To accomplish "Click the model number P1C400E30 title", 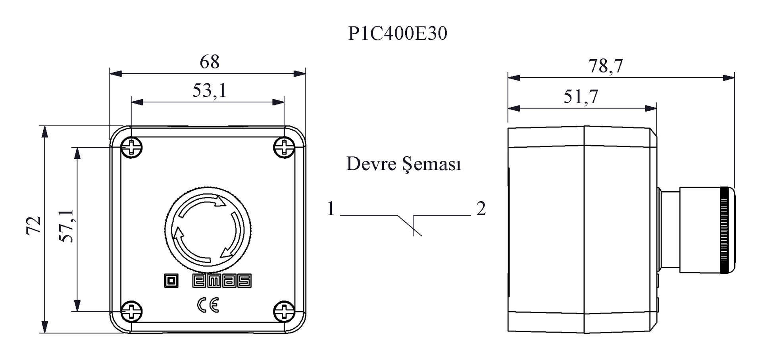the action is [398, 33].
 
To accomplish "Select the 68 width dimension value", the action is [210, 62].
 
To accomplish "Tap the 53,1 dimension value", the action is [210, 90].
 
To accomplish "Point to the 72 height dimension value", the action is [34, 225].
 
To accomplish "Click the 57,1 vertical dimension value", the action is [66, 225].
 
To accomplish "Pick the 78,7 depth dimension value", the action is [606, 66].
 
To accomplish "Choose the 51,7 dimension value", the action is [581, 96].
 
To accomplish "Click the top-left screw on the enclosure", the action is [131, 148].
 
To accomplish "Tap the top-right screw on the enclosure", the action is [284, 148].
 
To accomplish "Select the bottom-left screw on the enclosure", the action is [131, 311].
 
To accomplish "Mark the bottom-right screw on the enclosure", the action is [284, 311].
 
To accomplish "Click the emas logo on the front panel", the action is [222, 281].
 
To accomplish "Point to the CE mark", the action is [208, 305].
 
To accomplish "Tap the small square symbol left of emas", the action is [171, 281].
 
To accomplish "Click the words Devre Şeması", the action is [404, 164].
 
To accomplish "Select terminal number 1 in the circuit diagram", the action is [331, 208].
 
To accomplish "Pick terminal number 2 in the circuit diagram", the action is [481, 208].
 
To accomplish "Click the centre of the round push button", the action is [208, 231].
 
